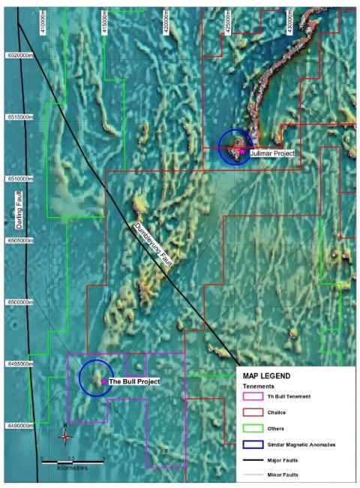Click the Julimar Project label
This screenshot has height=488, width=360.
274,153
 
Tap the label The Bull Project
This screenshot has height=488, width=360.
134,382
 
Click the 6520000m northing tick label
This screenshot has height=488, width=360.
19,56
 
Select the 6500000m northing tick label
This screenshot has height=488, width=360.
19,302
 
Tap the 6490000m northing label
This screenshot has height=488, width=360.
19,426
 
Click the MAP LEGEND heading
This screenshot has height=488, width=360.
265,376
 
